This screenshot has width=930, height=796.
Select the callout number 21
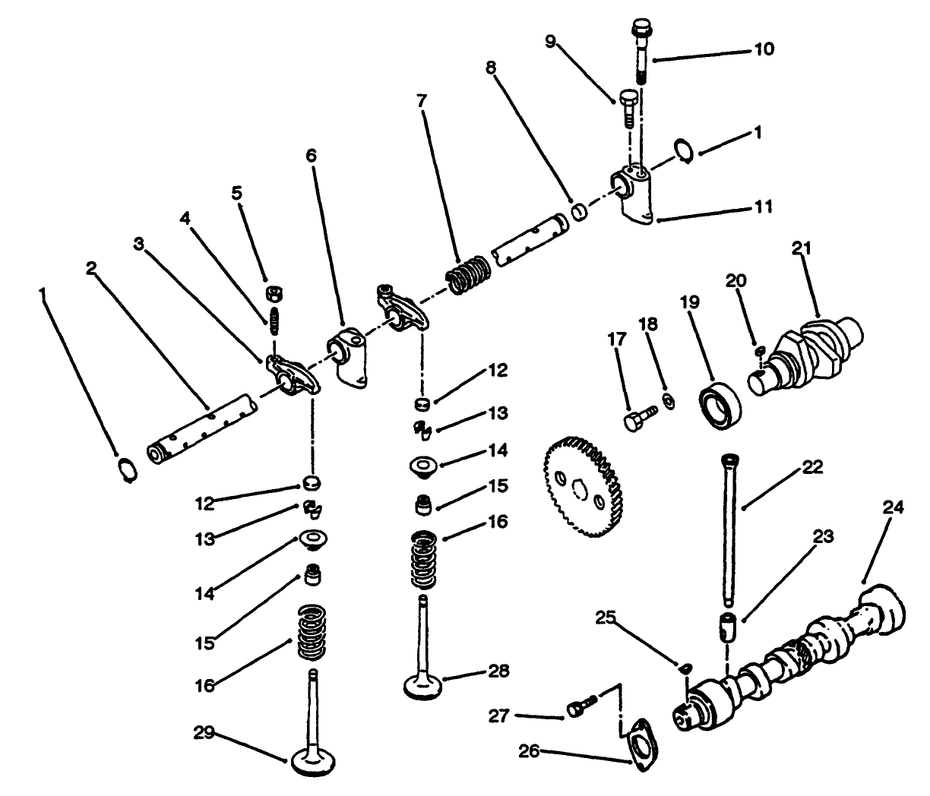tap(802, 248)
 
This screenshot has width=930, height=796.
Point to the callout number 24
tap(893, 507)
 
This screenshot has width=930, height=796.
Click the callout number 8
tap(491, 68)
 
